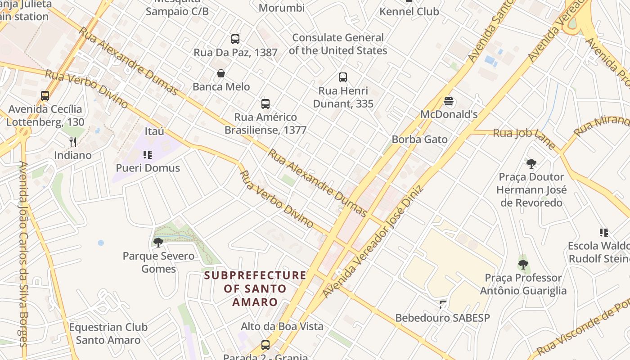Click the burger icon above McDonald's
click(x=448, y=101)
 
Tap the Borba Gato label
click(x=419, y=139)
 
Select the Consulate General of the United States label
click(x=338, y=44)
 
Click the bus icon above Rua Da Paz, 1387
click(x=235, y=39)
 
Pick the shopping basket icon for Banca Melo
click(x=221, y=73)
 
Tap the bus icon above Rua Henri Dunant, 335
click(x=343, y=77)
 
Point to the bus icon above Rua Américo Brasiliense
click(x=265, y=104)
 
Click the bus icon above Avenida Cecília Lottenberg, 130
click(x=45, y=96)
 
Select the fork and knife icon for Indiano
click(x=73, y=142)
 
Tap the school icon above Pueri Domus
click(x=148, y=155)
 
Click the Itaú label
click(x=154, y=131)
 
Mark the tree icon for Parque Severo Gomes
click(x=158, y=243)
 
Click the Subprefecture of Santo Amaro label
click(x=255, y=288)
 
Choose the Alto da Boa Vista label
click(x=282, y=326)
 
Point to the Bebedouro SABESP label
click(x=442, y=318)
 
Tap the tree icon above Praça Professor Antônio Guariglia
click(x=522, y=265)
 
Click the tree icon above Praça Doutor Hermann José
click(x=531, y=163)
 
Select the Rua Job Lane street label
click(x=524, y=137)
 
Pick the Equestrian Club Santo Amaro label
click(x=108, y=333)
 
